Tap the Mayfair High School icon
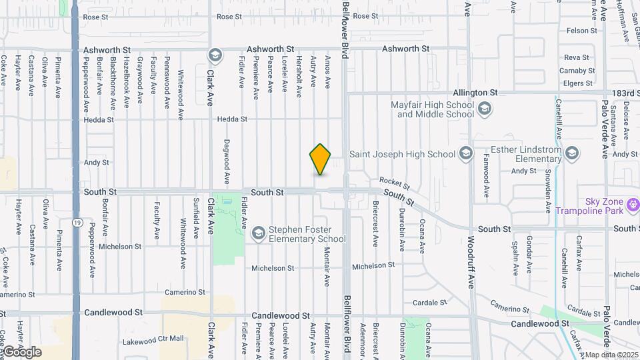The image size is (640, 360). pos(485,109)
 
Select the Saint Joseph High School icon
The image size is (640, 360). pos(466,154)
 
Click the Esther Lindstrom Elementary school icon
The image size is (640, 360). pos(571,154)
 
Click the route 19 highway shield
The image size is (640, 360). pos(78,221)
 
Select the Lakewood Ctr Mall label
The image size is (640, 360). pos(153,339)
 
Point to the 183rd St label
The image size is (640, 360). pos(625,93)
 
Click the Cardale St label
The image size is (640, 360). pos(429,303)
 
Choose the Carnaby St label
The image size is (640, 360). pos(577,71)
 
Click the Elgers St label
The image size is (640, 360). pos(578,83)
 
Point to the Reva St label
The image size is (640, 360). pos(576,58)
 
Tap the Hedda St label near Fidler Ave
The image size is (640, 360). pos(232,119)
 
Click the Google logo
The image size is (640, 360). pos(21,351)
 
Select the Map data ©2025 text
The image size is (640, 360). pos(611,355)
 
